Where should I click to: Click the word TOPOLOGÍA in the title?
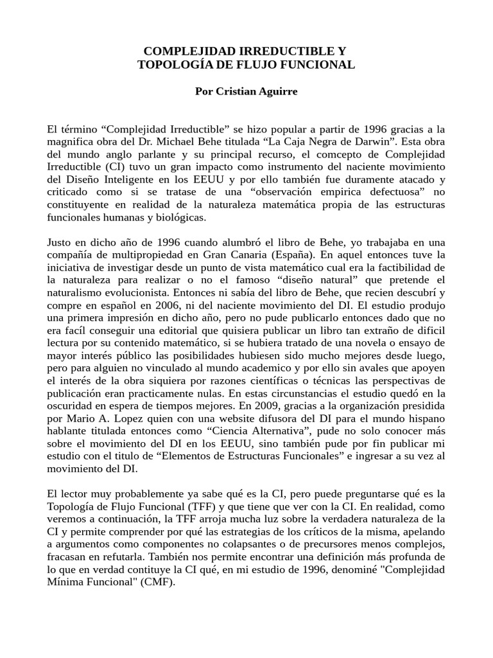[x=168, y=65]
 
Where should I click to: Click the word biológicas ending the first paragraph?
[x=171, y=218]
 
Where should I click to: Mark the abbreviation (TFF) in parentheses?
[x=189, y=506]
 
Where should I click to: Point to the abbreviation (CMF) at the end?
[x=159, y=582]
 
